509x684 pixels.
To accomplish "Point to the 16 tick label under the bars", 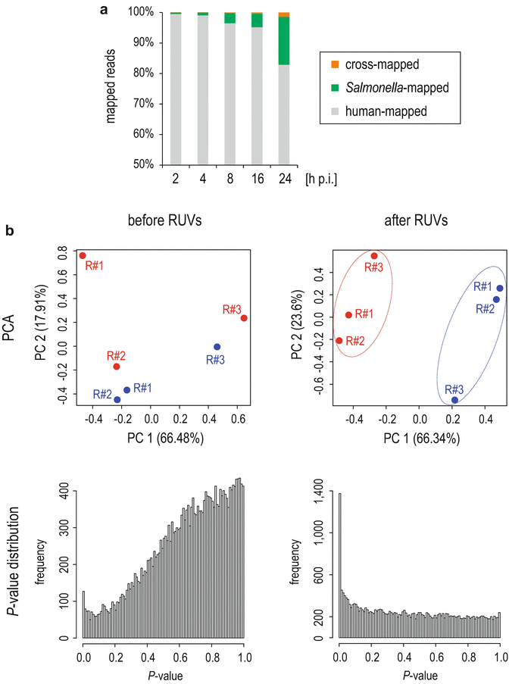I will point(257,177).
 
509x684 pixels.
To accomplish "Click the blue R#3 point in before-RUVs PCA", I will point(217,347).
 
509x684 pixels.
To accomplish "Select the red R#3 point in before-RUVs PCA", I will point(244,318).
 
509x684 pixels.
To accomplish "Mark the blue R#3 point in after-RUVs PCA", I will point(454,400).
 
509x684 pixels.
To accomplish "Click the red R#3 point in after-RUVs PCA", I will point(374,256).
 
